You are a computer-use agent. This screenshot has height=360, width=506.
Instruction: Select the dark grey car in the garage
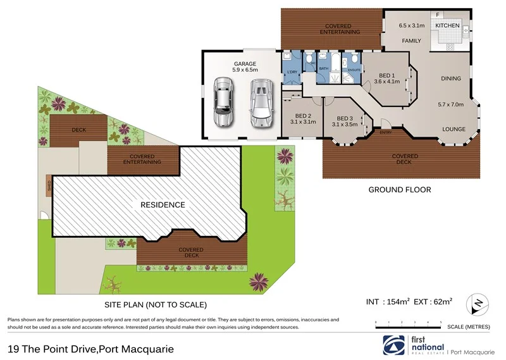click(223, 102)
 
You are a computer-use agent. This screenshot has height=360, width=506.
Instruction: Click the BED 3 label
click(345, 118)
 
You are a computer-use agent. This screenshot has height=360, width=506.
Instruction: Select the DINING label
click(451, 78)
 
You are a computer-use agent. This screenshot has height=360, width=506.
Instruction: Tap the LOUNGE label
click(454, 129)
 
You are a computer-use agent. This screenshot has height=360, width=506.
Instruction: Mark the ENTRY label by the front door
click(385, 132)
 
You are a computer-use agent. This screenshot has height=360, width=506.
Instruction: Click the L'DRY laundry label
click(292, 71)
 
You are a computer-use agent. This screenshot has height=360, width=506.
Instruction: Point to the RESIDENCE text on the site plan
click(163, 205)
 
